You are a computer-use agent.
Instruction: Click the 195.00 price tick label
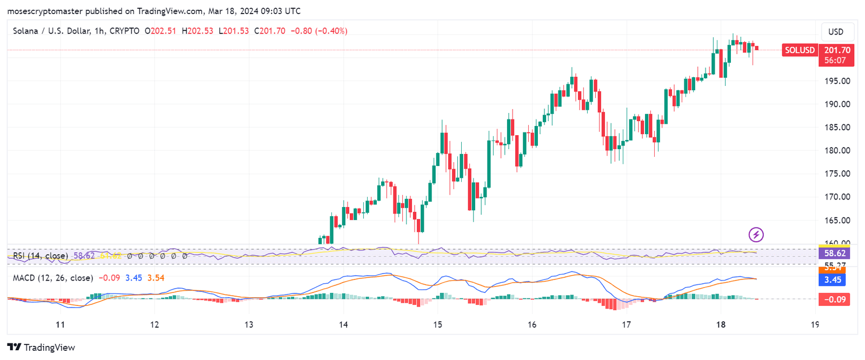(837, 81)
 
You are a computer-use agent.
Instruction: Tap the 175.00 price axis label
(837, 174)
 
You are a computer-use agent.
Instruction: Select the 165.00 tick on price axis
(837, 220)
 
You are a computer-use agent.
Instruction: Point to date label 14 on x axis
(343, 324)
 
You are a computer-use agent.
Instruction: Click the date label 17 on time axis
(626, 324)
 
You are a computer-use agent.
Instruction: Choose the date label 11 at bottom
(61, 324)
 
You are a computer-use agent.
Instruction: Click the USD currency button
(836, 32)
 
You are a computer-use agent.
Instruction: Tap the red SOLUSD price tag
(800, 50)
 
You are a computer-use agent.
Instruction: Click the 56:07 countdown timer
(835, 61)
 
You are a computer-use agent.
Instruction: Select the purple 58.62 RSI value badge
(835, 253)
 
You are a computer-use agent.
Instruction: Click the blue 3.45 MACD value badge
(833, 279)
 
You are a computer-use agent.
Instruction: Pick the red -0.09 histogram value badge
(835, 299)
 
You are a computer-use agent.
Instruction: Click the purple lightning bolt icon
(756, 235)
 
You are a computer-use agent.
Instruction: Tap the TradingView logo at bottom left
(41, 347)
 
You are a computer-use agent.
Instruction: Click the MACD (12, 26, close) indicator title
(53, 278)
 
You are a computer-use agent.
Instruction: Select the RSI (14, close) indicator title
(41, 256)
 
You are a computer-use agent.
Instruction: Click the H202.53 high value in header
(197, 31)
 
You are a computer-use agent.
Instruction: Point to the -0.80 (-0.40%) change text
(319, 31)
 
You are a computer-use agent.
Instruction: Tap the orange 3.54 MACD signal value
(156, 278)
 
